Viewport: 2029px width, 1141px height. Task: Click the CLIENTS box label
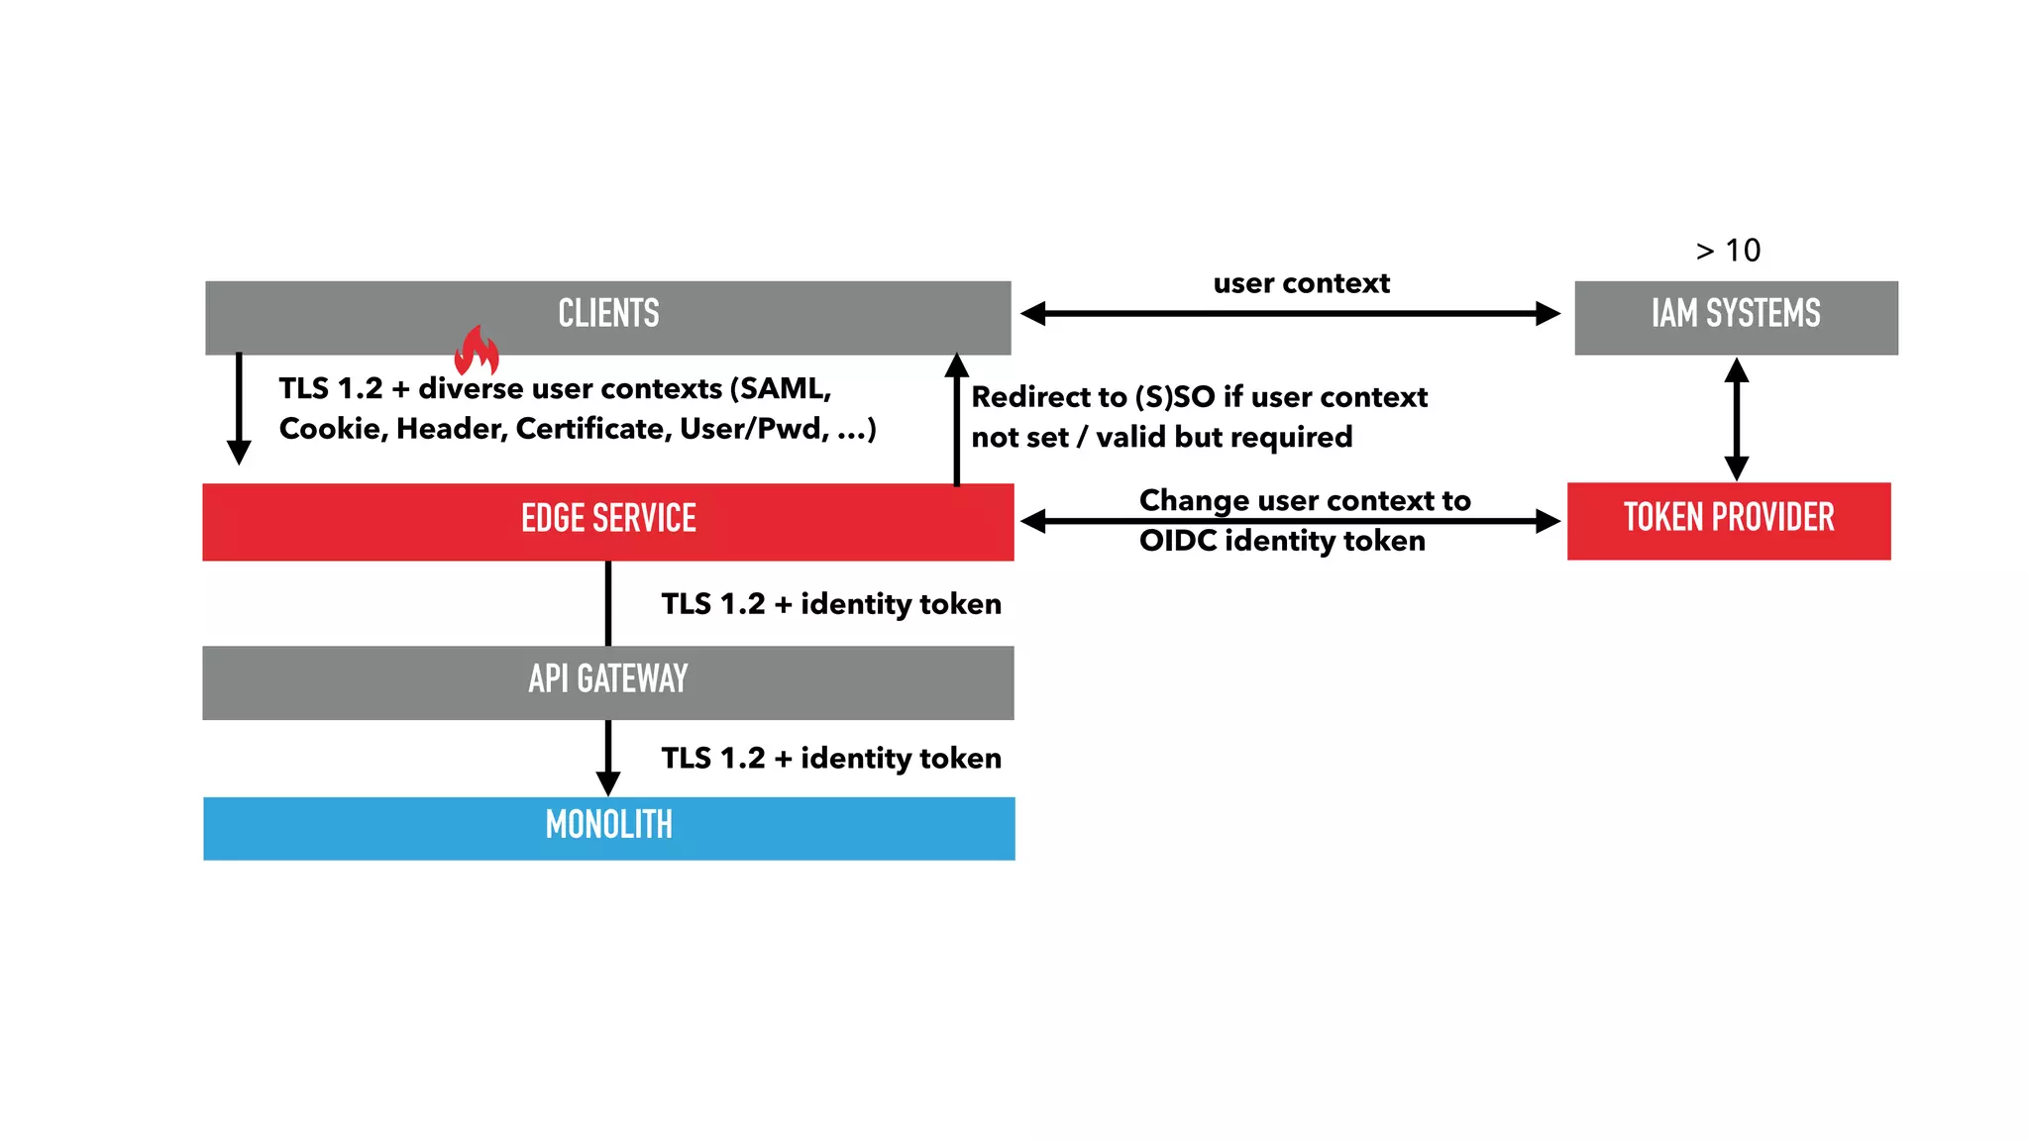608,314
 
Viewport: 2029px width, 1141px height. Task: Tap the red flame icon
477,352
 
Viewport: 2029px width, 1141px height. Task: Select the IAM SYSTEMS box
1736,317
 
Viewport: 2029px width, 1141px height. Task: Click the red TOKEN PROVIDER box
1729,520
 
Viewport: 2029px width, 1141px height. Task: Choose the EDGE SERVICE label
608,519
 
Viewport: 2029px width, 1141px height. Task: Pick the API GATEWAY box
608,681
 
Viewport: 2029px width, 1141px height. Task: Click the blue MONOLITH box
608,827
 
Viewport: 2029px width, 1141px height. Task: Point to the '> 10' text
1728,251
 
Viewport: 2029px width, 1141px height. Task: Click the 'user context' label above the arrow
1301,283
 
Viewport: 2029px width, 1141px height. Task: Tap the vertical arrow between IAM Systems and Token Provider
1736,419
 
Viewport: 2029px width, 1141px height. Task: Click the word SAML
779,388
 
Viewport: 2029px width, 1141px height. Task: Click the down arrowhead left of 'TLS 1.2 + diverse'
239,452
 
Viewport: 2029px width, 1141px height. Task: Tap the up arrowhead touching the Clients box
956,366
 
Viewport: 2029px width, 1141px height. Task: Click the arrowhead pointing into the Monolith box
608,783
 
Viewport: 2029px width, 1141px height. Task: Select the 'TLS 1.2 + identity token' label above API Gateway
830,604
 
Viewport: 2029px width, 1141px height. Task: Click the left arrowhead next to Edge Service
1034,521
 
